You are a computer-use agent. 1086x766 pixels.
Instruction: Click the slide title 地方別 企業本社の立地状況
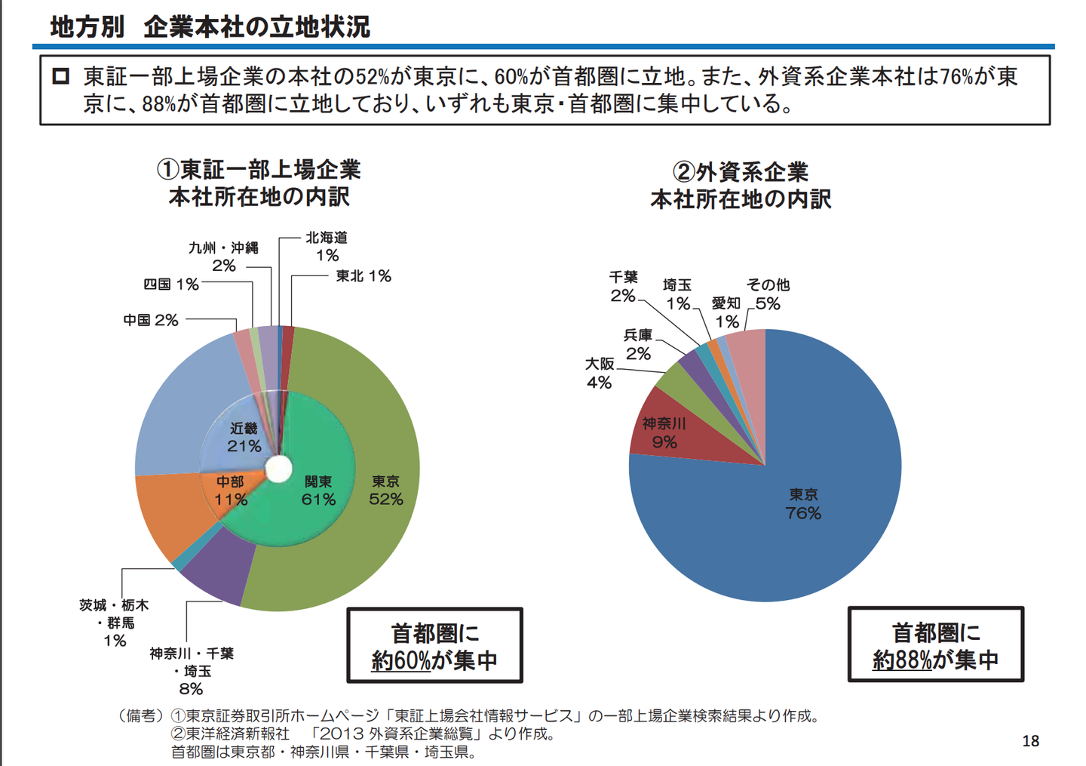click(x=210, y=26)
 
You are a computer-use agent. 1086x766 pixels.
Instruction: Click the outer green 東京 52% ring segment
click(x=385, y=491)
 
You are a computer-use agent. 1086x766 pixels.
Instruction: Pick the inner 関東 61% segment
click(x=318, y=491)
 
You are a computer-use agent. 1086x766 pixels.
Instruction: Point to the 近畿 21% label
click(x=244, y=437)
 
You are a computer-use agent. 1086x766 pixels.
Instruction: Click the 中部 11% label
click(x=230, y=491)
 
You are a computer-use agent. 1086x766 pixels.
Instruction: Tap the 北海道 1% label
click(x=327, y=247)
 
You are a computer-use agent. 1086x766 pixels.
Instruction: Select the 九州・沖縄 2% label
click(x=223, y=257)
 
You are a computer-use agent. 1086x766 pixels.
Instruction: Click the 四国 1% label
click(x=171, y=285)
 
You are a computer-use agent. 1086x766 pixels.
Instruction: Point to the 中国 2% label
click(x=151, y=320)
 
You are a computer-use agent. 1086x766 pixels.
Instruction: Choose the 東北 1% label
click(x=364, y=276)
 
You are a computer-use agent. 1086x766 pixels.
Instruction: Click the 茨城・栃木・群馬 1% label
click(x=115, y=623)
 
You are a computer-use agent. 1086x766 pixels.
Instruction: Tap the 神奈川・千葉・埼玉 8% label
click(x=192, y=671)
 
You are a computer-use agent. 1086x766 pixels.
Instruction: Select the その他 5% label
click(x=768, y=294)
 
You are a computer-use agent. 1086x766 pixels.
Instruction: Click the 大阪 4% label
click(x=600, y=374)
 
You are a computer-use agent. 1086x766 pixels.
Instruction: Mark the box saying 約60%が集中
click(x=434, y=646)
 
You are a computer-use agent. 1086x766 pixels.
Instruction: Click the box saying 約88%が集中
click(x=935, y=645)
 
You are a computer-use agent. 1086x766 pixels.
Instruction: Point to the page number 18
click(x=1030, y=741)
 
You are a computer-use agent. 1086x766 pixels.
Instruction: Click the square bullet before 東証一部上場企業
click(x=61, y=76)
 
